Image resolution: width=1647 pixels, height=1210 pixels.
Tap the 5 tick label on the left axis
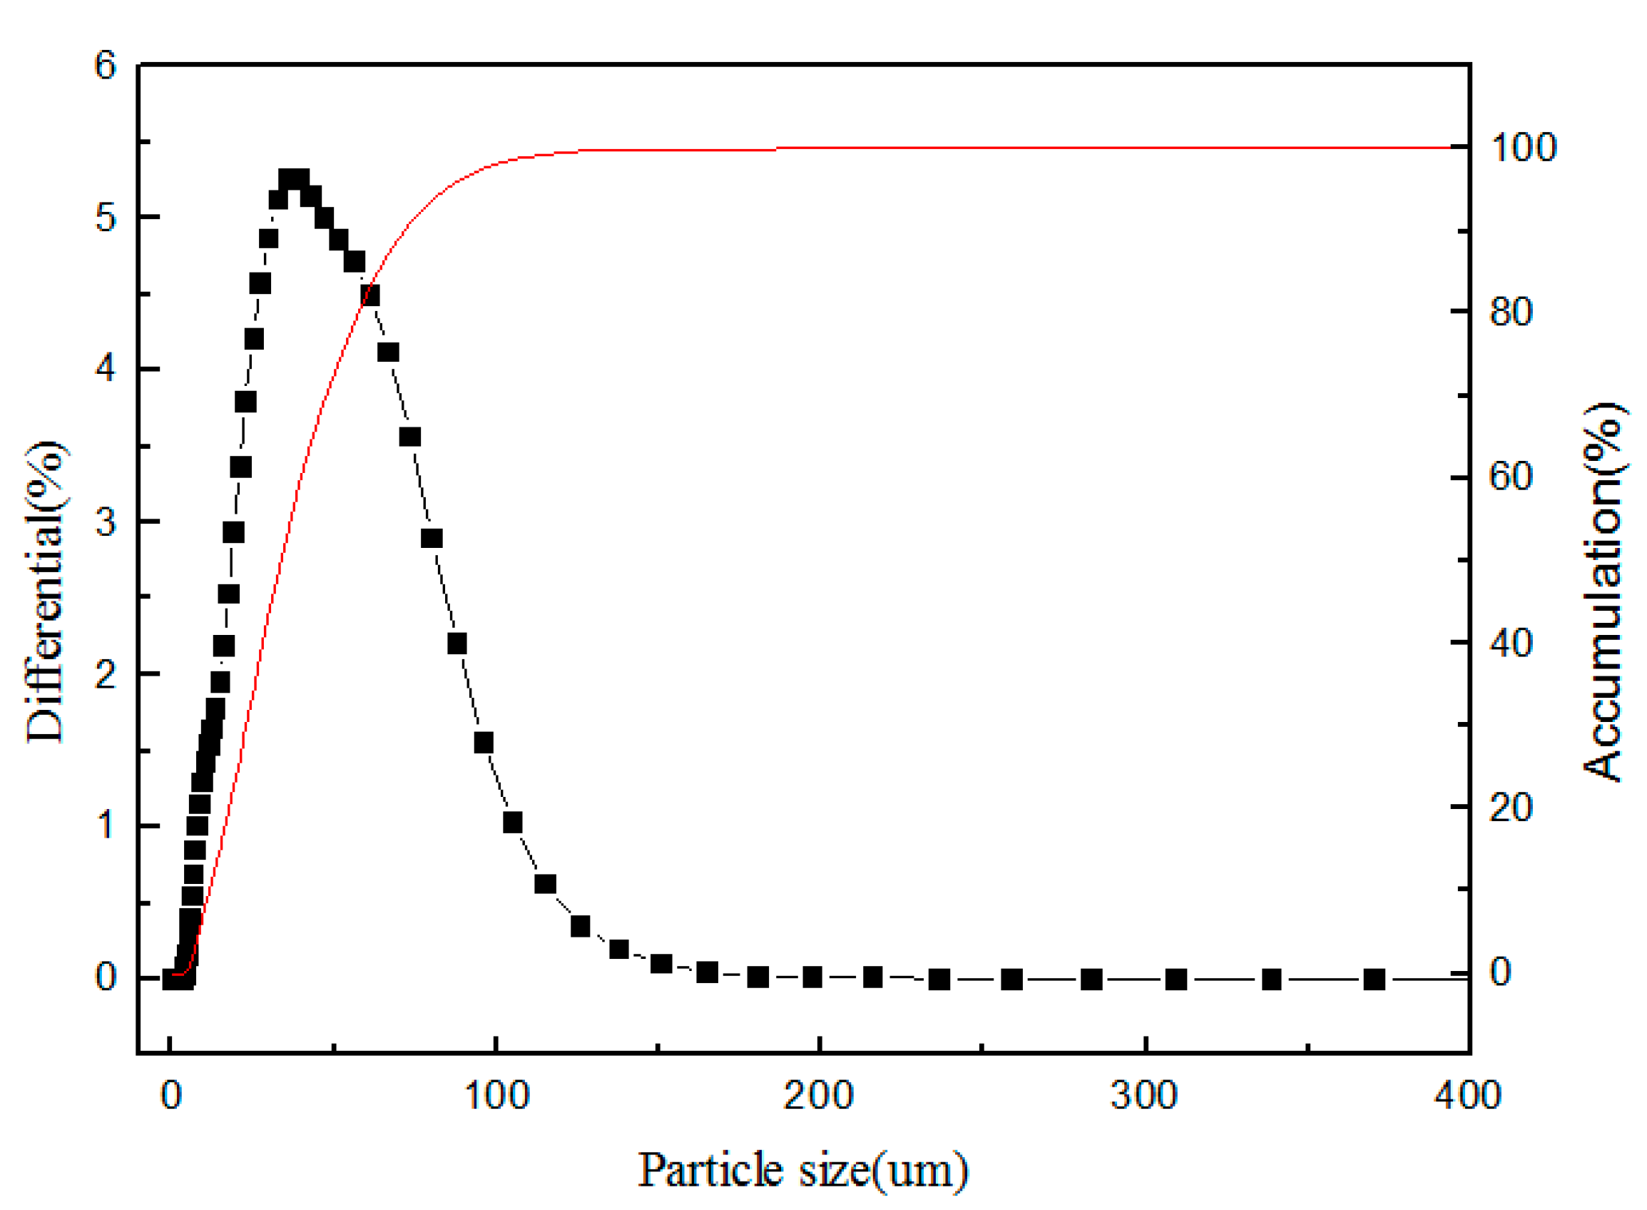(106, 218)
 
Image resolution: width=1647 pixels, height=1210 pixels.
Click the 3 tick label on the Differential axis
(106, 522)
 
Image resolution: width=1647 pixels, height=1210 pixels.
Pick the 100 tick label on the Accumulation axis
(1523, 148)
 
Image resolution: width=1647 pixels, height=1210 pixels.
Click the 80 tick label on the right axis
(1511, 312)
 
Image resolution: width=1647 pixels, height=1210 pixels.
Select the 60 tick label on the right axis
(1511, 477)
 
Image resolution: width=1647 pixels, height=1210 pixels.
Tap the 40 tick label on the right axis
(1511, 643)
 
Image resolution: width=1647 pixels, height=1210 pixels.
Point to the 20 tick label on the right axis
(1511, 808)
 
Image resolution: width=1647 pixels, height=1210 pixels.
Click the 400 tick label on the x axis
(1467, 1096)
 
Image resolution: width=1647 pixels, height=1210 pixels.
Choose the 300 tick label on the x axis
(1144, 1096)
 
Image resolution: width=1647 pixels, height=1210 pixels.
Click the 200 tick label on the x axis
(819, 1096)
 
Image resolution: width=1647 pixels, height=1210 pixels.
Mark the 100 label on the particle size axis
(496, 1096)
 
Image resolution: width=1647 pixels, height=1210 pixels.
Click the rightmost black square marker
(1374, 980)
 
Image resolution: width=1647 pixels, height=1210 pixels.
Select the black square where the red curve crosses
(369, 296)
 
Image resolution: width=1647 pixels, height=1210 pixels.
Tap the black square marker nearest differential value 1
(513, 823)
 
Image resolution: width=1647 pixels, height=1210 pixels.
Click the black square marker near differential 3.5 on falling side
(410, 437)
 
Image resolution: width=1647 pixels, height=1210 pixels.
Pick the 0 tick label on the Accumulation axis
(1500, 972)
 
